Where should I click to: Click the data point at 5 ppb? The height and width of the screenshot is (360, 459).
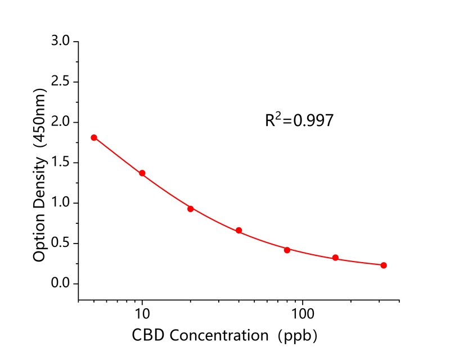pos(94,137)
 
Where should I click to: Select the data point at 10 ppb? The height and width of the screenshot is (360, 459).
pos(142,173)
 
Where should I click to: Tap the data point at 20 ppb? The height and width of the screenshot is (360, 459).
pos(191,209)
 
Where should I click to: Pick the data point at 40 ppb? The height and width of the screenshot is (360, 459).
pos(239,231)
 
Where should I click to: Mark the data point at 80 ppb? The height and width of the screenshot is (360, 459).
pos(287,250)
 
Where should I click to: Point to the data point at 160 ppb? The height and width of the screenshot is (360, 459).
pos(335,258)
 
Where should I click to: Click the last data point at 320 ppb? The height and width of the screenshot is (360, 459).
pos(384,265)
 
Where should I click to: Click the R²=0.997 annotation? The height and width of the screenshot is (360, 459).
pos(299,120)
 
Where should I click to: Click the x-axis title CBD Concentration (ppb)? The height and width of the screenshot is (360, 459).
pos(225,336)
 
